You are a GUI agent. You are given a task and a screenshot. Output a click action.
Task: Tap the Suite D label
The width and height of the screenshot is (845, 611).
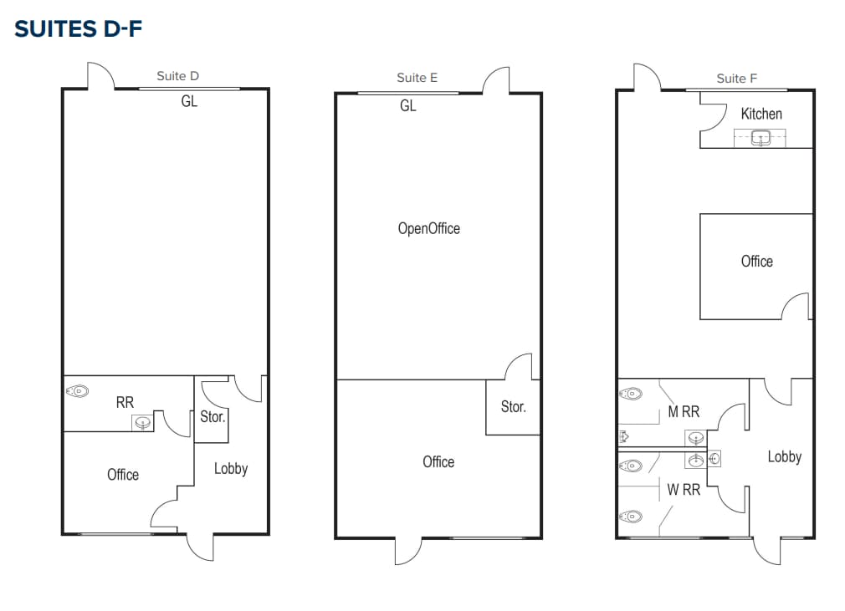[x=177, y=76]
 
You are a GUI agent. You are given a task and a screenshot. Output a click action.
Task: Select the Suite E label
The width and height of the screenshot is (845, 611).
[x=417, y=78]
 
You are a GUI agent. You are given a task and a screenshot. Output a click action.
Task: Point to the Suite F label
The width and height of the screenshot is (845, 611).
[x=736, y=79]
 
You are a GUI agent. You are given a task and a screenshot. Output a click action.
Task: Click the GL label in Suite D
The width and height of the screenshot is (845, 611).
[x=189, y=102]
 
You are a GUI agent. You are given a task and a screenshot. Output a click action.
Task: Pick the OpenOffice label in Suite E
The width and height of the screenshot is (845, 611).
[x=428, y=228]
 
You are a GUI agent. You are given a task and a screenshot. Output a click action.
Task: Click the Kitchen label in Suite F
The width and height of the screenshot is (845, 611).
[x=761, y=114]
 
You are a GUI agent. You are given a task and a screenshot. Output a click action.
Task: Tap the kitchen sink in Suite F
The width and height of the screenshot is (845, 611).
[x=761, y=138]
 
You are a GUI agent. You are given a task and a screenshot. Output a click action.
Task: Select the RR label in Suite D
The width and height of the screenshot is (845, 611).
[x=125, y=402]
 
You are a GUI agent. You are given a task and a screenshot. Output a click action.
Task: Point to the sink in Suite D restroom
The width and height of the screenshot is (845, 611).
[x=143, y=423]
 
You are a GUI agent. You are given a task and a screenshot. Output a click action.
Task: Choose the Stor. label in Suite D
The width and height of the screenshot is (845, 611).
[x=213, y=416]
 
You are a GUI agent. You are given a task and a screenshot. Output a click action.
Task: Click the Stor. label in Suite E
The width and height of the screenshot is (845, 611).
[x=513, y=407]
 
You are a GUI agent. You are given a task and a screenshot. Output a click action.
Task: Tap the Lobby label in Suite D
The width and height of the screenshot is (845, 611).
[x=230, y=469]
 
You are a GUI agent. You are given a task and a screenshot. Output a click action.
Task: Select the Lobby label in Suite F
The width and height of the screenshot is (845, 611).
[x=784, y=456]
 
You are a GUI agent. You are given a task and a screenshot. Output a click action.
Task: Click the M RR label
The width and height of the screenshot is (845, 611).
[x=683, y=411]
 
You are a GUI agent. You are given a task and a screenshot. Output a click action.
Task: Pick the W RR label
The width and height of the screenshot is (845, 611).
[x=683, y=490]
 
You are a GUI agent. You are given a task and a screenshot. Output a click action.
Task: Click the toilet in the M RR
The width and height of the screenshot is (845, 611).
[x=632, y=393]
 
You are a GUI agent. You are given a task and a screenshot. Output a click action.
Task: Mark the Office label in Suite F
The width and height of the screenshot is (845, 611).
[x=756, y=262]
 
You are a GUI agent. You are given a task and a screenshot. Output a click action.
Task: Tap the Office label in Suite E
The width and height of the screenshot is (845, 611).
[x=438, y=461]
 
